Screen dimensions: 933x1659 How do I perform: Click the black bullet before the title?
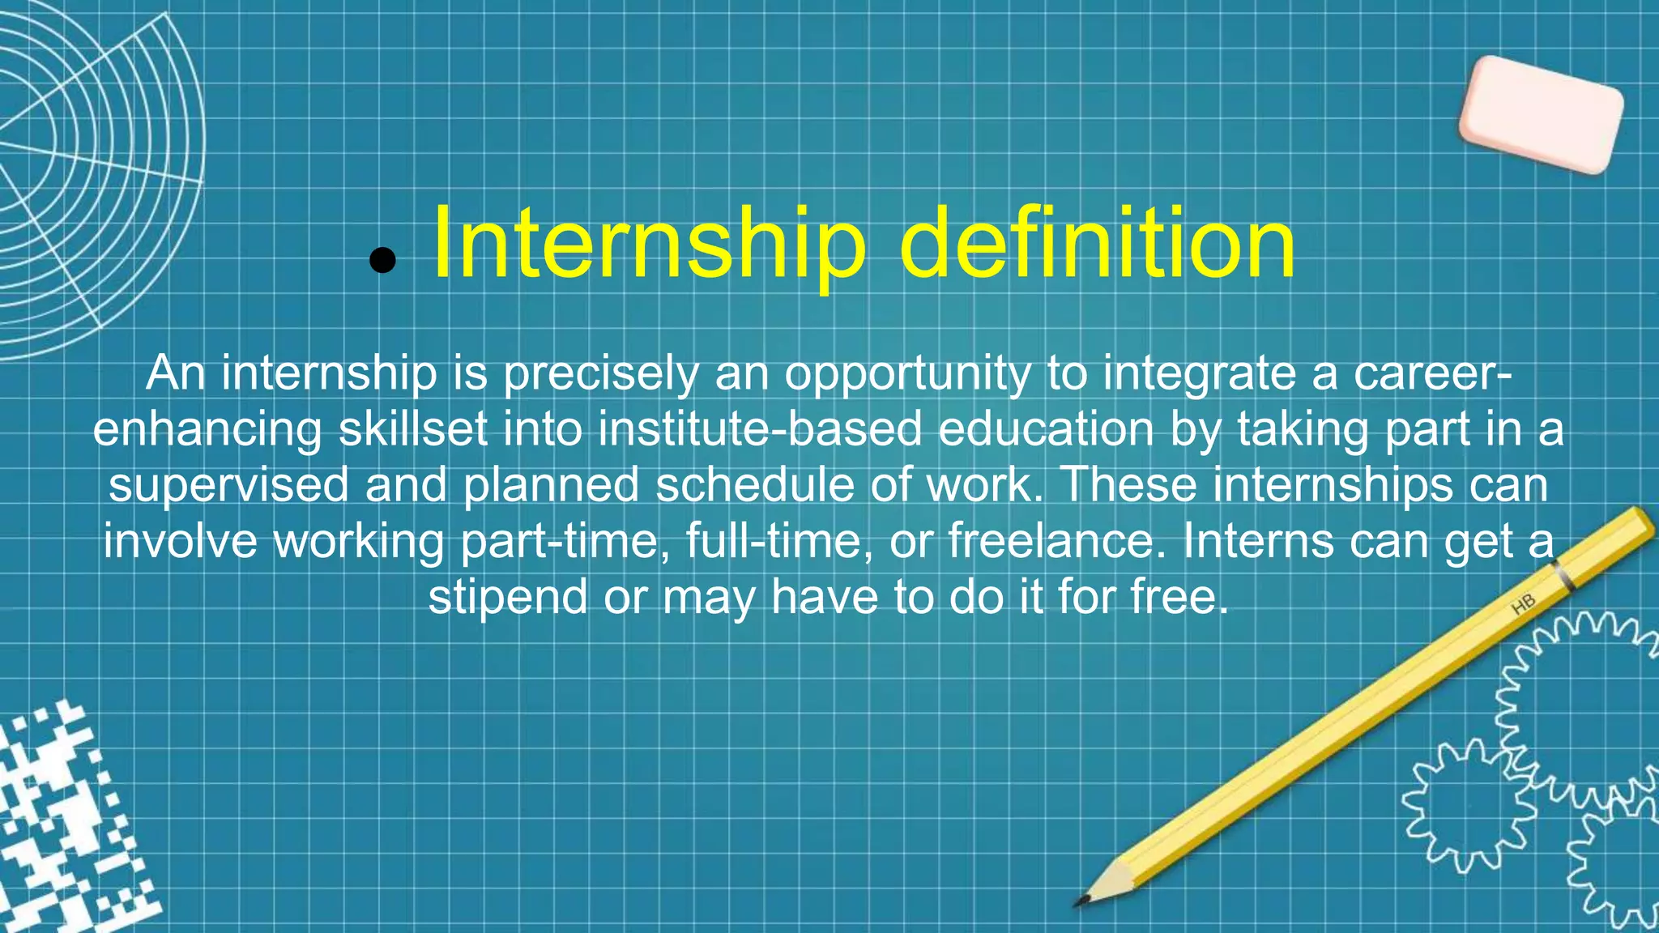(382, 260)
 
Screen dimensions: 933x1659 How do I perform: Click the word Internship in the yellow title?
(649, 243)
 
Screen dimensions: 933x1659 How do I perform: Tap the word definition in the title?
(1098, 243)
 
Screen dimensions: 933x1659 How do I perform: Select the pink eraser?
(1541, 114)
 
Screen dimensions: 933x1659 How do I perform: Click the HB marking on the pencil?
(1523, 604)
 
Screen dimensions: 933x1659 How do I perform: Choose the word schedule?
(754, 485)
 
